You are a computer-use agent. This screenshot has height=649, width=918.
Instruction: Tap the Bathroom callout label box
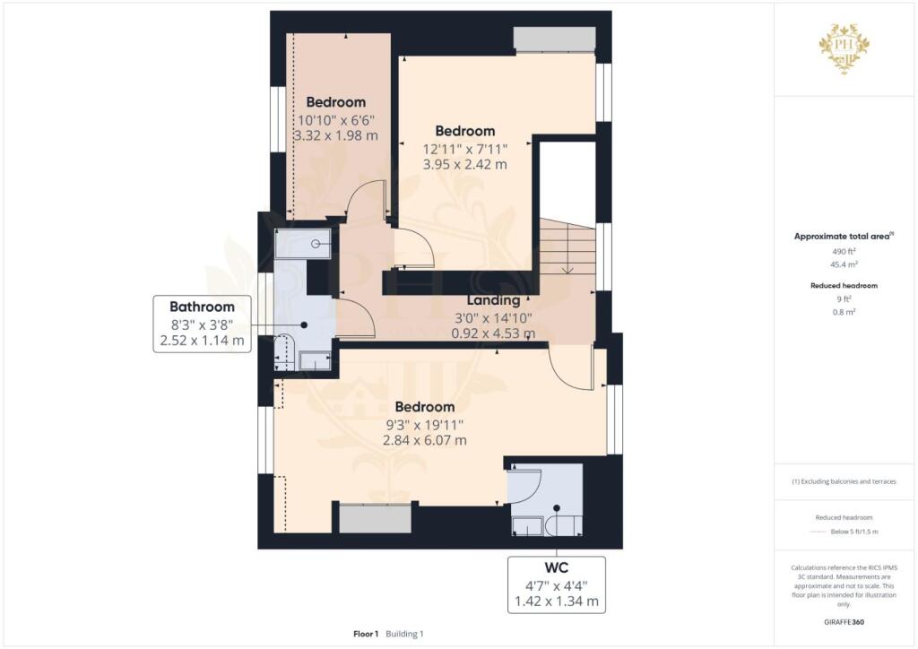(202, 324)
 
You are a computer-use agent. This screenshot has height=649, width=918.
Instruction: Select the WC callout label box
(556, 584)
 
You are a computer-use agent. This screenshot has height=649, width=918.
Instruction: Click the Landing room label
(493, 300)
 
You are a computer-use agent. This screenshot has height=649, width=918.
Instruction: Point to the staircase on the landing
(567, 250)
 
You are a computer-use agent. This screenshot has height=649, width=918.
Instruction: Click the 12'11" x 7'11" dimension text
(465, 149)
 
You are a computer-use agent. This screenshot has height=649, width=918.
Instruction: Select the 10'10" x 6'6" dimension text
(335, 120)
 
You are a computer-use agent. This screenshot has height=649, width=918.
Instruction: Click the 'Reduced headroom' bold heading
(845, 285)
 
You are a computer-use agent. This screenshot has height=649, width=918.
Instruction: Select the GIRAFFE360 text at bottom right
(845, 621)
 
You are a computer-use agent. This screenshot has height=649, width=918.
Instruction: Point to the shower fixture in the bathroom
(303, 241)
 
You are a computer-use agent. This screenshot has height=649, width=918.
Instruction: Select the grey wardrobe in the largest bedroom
(376, 519)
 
